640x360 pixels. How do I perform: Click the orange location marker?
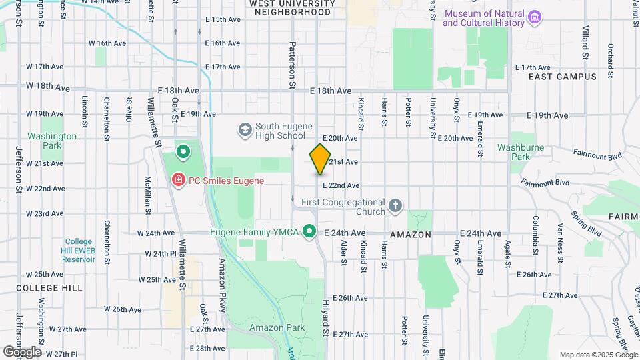click(320, 159)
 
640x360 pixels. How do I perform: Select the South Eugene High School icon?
click(245, 128)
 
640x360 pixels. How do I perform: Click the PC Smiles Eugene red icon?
click(178, 180)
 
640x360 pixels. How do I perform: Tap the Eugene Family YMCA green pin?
click(309, 231)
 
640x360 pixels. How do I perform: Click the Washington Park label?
click(52, 141)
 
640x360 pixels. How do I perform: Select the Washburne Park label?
click(511, 152)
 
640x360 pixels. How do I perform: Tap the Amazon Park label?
click(277, 327)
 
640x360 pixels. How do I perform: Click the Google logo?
click(21, 351)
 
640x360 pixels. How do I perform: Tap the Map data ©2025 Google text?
click(598, 355)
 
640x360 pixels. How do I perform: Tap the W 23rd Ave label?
click(44, 214)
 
